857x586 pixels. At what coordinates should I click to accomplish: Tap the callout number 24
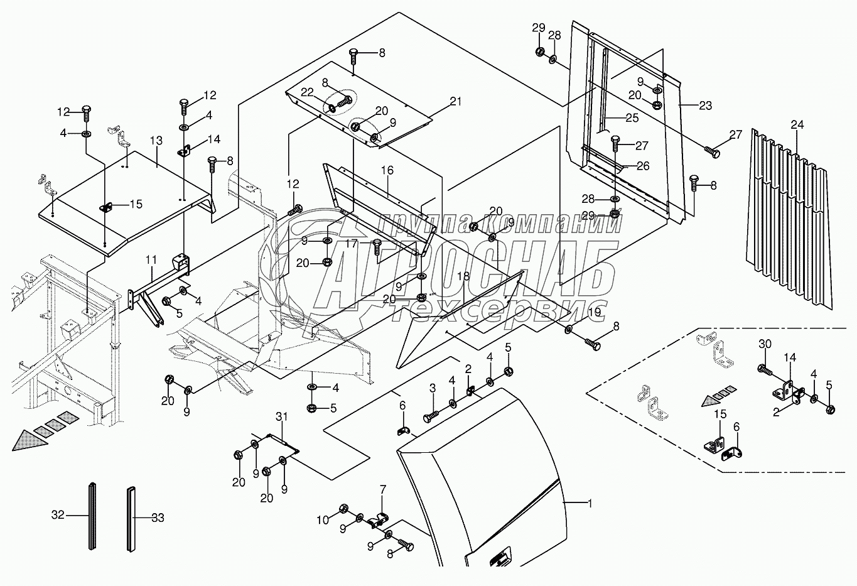796,125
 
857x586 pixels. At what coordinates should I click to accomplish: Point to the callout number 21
456,102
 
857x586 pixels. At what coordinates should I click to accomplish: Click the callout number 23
705,106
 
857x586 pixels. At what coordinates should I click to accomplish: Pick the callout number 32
58,516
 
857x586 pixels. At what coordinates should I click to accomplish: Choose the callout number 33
158,518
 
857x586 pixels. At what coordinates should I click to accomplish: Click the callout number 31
281,416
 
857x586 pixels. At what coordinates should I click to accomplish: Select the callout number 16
387,170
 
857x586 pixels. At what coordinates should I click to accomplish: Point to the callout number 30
764,344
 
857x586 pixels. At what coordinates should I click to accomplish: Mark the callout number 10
323,520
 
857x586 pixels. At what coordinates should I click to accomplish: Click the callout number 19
594,311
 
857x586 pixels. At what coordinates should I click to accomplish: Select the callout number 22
306,92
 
